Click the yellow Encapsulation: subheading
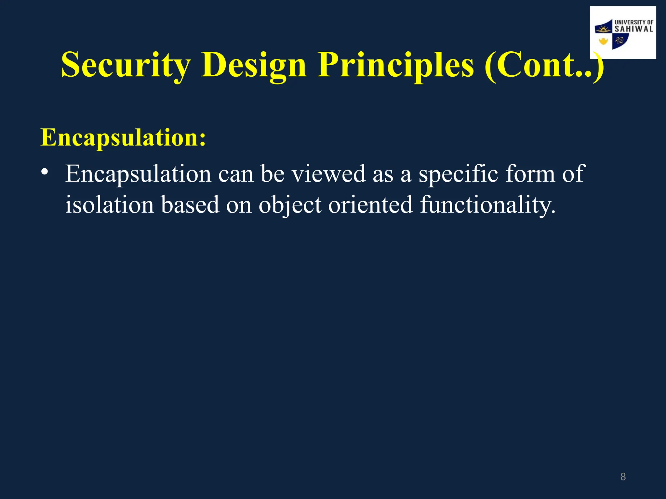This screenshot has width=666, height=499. click(x=123, y=138)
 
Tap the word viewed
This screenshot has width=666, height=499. click(x=328, y=173)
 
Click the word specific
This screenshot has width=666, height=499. click(x=458, y=174)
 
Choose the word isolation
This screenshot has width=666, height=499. click(x=110, y=205)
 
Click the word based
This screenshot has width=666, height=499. click(x=190, y=205)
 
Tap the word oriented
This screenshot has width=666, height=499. click(x=370, y=205)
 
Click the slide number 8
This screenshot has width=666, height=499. click(x=623, y=477)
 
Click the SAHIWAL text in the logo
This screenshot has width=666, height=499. click(x=633, y=29)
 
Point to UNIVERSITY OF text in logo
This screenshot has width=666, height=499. click(x=633, y=22)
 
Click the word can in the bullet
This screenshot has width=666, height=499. click(x=235, y=174)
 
